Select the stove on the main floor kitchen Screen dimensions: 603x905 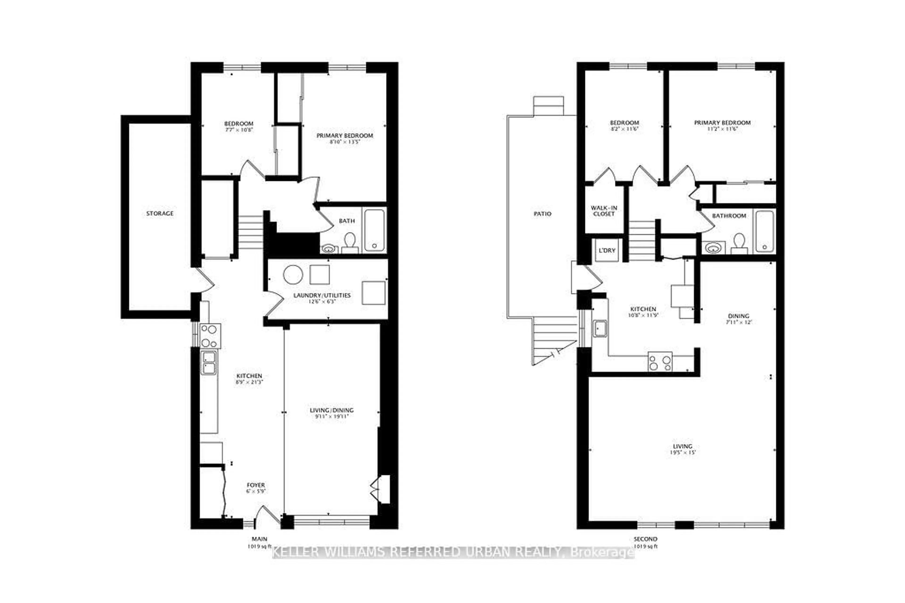(x=210, y=336)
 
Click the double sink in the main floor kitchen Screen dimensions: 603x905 (x=209, y=363)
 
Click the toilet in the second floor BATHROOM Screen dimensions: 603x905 (x=739, y=244)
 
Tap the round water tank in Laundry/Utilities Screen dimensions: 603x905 (x=293, y=275)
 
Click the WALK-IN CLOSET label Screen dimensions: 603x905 (x=604, y=211)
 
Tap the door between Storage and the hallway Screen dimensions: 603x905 (x=204, y=280)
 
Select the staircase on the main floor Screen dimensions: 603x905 (x=250, y=232)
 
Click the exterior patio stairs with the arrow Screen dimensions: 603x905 (x=554, y=340)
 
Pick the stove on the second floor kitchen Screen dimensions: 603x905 (x=660, y=361)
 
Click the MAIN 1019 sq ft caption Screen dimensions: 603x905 (x=259, y=542)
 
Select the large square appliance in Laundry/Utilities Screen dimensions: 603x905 (x=373, y=293)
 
